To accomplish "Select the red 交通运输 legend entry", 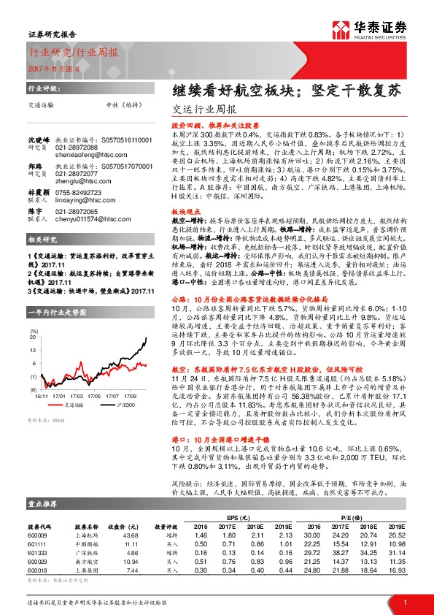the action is point(66,402).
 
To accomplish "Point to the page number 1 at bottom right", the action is point(404,602).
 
